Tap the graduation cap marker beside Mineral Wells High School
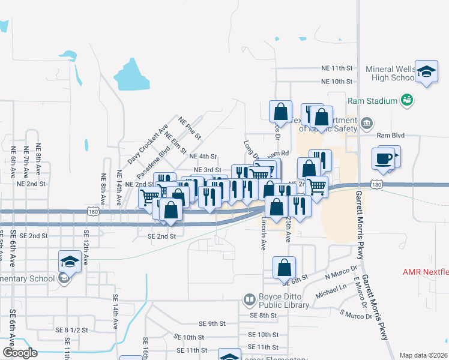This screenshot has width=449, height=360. [x=426, y=72]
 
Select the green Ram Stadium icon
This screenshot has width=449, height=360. [x=408, y=100]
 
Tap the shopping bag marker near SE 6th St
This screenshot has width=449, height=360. [x=285, y=268]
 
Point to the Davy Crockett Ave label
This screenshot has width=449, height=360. [x=147, y=145]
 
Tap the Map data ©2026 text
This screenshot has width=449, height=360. [x=423, y=355]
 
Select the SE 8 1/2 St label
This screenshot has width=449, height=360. [x=71, y=330]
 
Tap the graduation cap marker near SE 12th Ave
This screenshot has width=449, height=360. [x=70, y=262]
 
